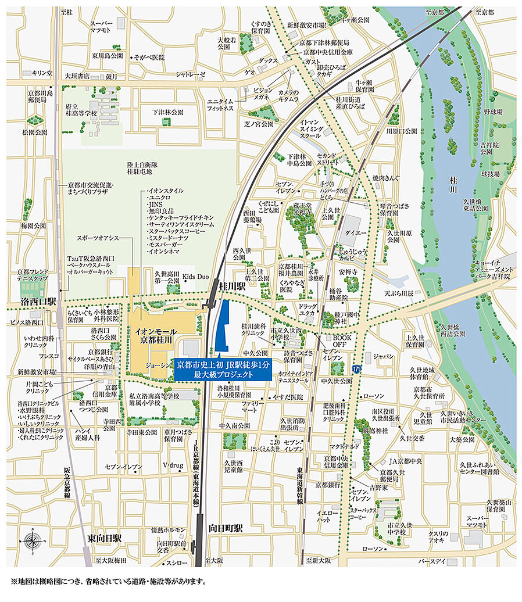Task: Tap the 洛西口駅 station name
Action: tap(38, 302)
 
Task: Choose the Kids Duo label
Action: tap(195, 277)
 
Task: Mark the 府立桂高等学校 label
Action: tap(81, 111)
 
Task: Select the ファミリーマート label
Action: tap(253, 406)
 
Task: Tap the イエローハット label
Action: tap(324, 517)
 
